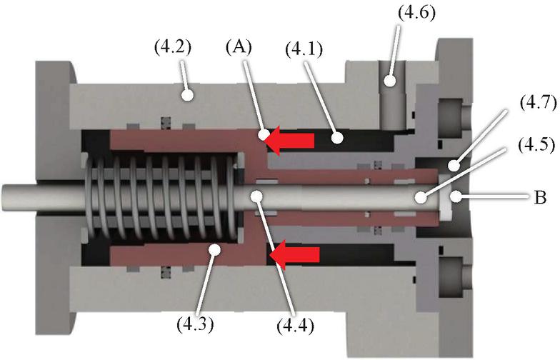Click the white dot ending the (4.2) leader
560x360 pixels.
click(188, 93)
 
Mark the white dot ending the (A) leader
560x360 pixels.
click(264, 133)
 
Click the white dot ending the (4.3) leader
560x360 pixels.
click(211, 248)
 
